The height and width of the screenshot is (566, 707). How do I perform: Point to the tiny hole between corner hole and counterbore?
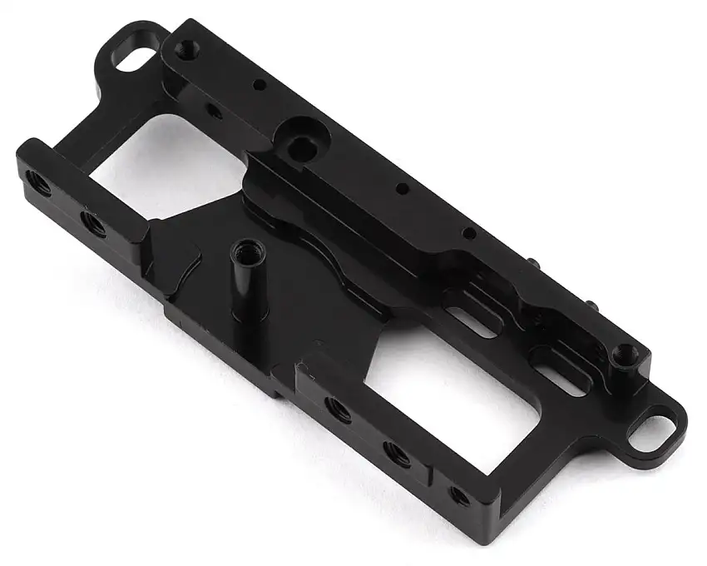click(260, 84)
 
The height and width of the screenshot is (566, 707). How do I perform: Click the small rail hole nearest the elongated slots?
click(468, 234)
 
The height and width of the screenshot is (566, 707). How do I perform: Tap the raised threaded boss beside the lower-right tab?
click(621, 354)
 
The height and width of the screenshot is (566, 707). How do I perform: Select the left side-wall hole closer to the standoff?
click(91, 222)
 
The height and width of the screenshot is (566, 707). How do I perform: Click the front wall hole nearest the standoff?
click(337, 409)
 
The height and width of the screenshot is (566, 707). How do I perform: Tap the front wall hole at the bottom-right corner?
click(458, 495)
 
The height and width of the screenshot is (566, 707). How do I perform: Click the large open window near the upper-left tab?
click(166, 171)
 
